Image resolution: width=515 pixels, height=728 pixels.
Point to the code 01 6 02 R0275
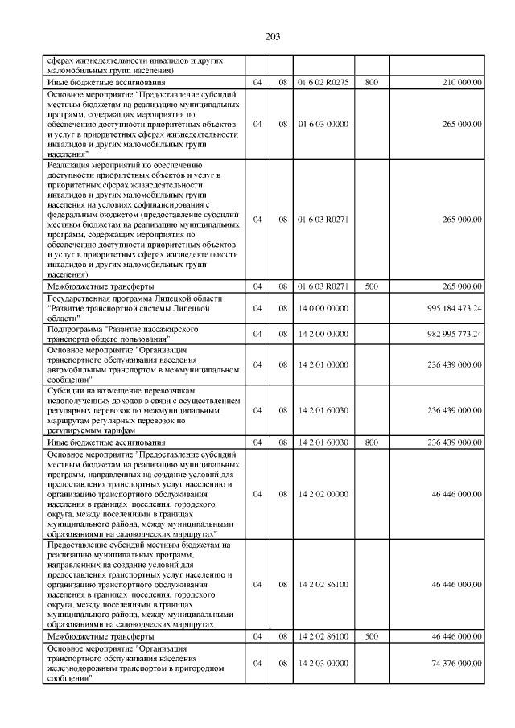[322, 82]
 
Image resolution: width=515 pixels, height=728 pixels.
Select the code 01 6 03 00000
[322, 125]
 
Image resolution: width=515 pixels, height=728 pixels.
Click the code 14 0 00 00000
[322, 308]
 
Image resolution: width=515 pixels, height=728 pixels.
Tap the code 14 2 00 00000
[322, 334]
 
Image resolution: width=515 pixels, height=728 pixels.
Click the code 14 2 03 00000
[322, 663]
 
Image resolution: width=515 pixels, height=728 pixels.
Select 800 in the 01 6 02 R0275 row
[372, 82]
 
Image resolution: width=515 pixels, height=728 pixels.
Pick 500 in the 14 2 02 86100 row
[372, 636]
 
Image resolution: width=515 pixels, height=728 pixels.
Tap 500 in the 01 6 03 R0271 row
[372, 286]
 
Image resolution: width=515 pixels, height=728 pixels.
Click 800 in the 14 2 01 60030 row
[372, 442]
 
